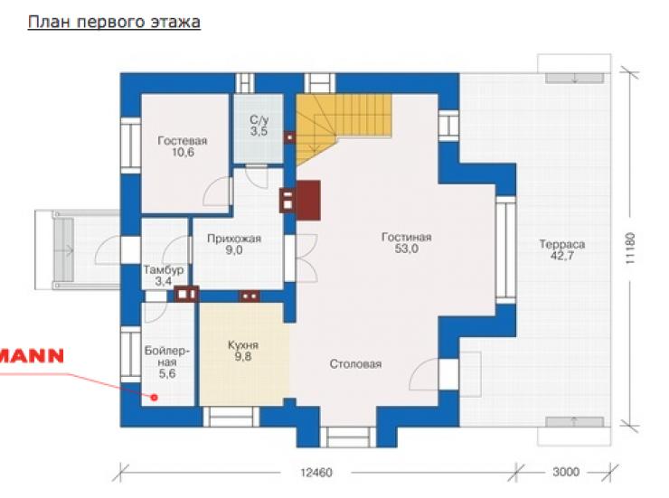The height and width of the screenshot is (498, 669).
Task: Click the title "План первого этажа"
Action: click(x=114, y=22)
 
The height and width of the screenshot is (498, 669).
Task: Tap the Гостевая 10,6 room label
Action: click(x=183, y=146)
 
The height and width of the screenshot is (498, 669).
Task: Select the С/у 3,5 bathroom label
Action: click(x=259, y=126)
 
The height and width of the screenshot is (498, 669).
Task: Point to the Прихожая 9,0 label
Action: click(x=234, y=244)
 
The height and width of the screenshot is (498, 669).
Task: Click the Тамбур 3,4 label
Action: click(x=164, y=276)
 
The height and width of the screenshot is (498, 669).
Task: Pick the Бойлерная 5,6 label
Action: click(x=167, y=362)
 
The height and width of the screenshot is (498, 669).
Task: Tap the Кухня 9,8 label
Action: click(x=243, y=351)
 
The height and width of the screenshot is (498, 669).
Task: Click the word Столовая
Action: click(x=355, y=364)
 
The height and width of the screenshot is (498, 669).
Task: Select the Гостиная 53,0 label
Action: click(x=406, y=242)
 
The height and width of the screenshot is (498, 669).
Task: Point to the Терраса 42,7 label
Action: click(x=562, y=249)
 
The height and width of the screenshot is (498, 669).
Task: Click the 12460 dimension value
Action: click(x=316, y=473)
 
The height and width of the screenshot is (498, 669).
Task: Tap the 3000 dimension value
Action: click(x=566, y=472)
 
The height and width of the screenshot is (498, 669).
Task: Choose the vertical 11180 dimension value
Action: click(x=630, y=249)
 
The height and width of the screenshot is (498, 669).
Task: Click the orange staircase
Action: click(x=337, y=124)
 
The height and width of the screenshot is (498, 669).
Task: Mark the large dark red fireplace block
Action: click(x=308, y=201)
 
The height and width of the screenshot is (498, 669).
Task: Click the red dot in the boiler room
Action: click(x=155, y=398)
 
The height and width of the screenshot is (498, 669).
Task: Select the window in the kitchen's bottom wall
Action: click(x=231, y=417)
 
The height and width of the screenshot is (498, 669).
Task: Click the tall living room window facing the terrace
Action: click(x=505, y=249)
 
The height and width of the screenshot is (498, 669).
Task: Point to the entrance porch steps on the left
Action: click(x=64, y=249)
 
